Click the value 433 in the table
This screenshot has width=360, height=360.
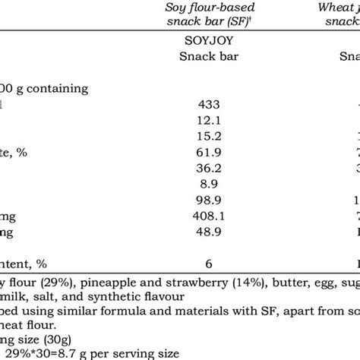[x=207, y=106]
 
